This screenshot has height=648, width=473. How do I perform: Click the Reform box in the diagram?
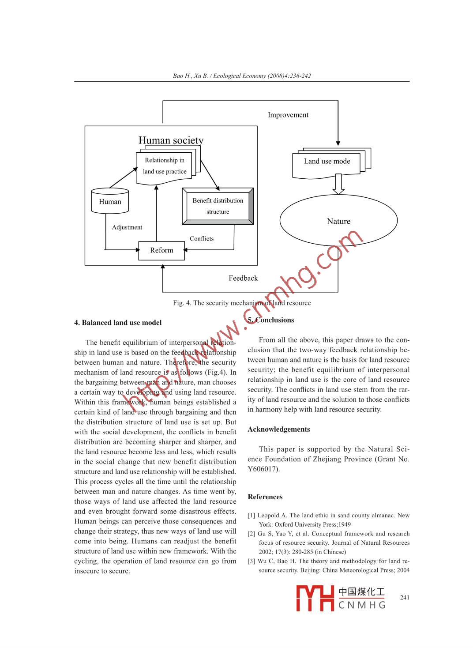tap(161, 250)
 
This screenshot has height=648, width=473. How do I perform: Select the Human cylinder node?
tap(110, 202)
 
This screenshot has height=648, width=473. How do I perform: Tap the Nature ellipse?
tap(338, 221)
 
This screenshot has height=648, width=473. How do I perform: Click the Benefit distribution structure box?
tap(218, 206)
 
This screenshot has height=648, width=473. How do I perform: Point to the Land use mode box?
tap(327, 162)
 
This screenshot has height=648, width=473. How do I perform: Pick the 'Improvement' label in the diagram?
tap(288, 115)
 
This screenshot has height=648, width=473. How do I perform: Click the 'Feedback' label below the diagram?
tap(243, 278)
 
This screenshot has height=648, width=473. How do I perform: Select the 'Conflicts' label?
tap(202, 239)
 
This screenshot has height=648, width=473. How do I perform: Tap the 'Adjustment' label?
tap(127, 227)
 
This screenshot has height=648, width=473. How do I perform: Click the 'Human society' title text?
tap(171, 140)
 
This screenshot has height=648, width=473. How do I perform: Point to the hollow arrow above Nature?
tap(338, 184)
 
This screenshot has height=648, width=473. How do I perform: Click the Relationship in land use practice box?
tap(165, 166)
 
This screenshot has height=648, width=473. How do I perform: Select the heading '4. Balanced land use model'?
tap(118, 323)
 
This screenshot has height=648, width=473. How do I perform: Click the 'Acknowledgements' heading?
tap(279, 429)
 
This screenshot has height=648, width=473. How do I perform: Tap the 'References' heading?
tap(265, 497)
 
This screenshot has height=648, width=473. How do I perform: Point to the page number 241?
tap(405, 598)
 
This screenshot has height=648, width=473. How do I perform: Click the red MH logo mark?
tap(315, 599)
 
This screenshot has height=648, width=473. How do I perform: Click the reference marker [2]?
tap(252, 534)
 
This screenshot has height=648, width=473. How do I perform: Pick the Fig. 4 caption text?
tap(242, 303)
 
